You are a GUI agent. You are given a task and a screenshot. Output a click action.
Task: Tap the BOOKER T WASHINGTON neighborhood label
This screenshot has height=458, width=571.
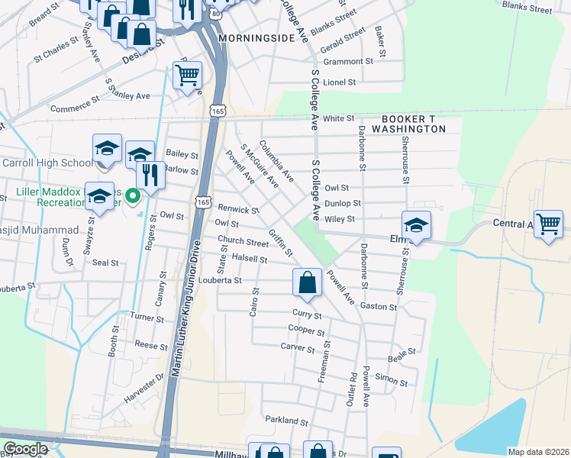413,124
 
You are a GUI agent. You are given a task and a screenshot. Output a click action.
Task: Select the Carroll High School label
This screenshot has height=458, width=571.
47,163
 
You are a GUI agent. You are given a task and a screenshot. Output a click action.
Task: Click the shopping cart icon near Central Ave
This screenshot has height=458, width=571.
548,224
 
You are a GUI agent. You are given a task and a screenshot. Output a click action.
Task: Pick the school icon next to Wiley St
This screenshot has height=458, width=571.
416,225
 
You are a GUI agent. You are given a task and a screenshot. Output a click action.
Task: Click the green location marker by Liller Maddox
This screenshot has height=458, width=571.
132,197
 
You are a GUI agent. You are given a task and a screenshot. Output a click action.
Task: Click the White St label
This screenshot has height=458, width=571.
338,118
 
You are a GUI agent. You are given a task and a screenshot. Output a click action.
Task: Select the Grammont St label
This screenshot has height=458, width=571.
347,61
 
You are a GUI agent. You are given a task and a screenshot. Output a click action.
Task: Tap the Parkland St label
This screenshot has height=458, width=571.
286,421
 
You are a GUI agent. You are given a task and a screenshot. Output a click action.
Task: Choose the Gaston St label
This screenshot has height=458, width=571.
379,307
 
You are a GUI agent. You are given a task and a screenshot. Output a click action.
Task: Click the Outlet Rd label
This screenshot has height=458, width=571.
352,389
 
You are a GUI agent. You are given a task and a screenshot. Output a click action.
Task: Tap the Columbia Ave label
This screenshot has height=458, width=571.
276,160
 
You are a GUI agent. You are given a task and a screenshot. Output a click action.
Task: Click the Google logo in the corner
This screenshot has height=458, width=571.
25,449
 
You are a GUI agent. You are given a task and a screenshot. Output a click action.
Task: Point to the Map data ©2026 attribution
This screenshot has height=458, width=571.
537,452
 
